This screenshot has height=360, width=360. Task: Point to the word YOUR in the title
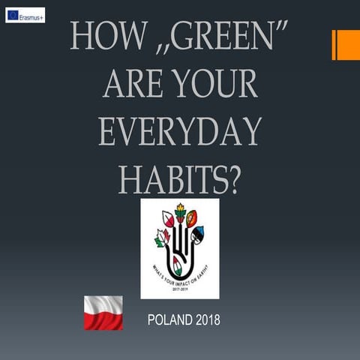tap(217, 84)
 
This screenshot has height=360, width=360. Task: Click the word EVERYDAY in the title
tap(180, 132)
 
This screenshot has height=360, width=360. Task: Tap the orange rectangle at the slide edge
tap(346, 44)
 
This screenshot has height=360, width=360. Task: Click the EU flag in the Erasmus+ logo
tap(13, 15)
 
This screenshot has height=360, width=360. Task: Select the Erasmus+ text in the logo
tap(31, 15)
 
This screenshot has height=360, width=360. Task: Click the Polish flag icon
tap(103, 313)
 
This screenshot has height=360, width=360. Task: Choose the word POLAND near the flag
tap(170, 321)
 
